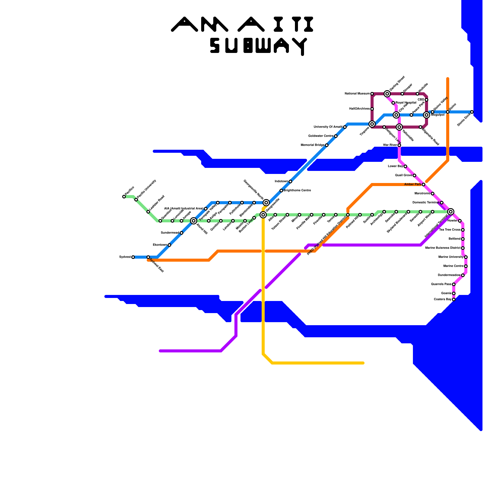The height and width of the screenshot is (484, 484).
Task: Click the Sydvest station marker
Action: point(133,257)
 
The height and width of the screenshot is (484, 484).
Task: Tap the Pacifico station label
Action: point(129,191)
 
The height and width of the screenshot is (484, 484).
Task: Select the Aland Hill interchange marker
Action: point(194,221)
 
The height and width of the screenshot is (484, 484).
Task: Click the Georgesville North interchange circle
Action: point(266,203)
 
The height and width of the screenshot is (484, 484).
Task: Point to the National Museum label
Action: point(357,94)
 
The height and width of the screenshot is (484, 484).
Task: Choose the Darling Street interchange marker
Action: point(387,94)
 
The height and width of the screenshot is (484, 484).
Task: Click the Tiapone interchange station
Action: point(372,124)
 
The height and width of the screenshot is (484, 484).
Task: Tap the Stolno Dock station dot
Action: point(472,112)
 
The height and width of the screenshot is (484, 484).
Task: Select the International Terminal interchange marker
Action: point(451,212)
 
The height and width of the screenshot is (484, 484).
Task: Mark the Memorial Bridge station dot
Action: point(327,145)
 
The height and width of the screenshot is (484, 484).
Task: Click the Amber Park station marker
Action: point(423,185)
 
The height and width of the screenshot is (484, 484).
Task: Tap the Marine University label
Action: point(451,257)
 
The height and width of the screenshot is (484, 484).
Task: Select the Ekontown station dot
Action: point(169,245)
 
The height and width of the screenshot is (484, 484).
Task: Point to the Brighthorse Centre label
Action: point(297,191)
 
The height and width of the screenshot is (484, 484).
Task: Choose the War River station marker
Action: point(399,145)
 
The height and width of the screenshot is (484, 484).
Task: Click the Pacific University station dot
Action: point(136,200)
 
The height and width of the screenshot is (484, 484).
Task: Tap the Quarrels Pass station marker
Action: point(454,284)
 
